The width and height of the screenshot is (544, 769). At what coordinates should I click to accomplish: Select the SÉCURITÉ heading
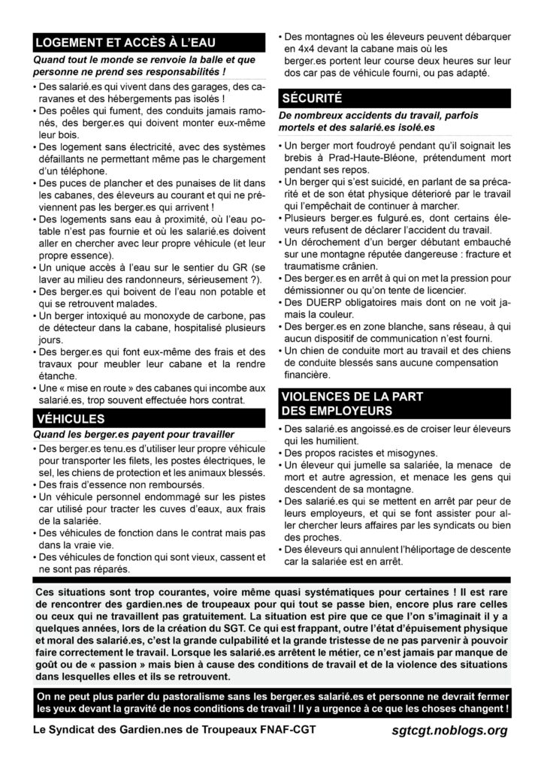[312, 98]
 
